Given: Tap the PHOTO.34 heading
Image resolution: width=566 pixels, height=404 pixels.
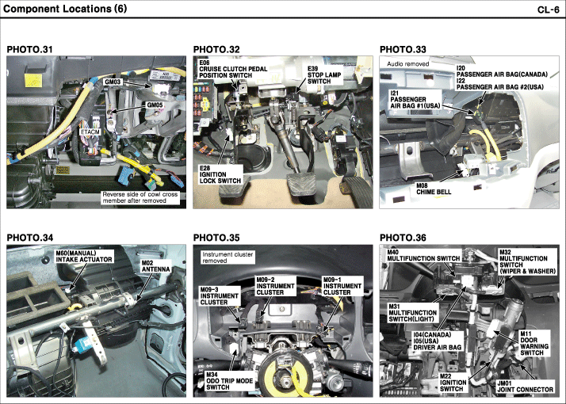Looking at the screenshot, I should tap(29, 238).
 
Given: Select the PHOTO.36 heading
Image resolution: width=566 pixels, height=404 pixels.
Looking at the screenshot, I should tap(403, 238).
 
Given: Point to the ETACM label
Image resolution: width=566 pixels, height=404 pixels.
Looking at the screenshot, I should tap(91, 131).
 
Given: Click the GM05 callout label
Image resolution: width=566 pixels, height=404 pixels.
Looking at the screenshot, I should tap(155, 104).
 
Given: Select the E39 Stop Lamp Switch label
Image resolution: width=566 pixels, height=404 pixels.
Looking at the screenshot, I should tap(319, 75).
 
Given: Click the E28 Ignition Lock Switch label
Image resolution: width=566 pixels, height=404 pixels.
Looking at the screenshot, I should tap(220, 174).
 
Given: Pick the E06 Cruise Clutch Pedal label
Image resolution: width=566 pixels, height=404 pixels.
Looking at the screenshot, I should tap(231, 71).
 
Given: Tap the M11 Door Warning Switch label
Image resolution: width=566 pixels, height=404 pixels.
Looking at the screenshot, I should tap(537, 346).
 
